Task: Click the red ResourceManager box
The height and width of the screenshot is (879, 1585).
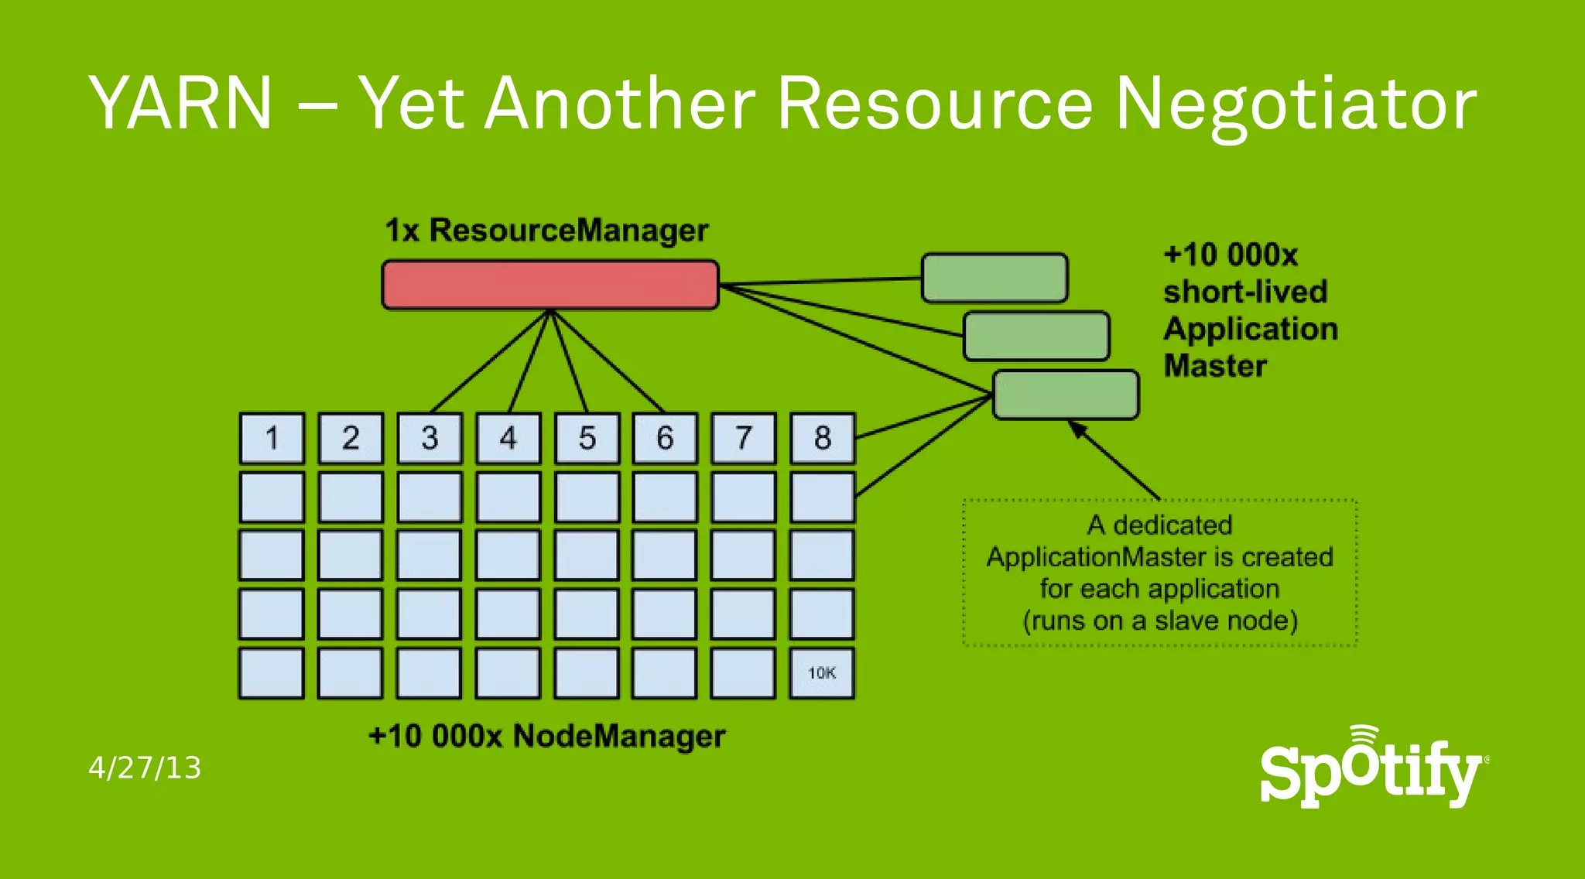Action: click(550, 285)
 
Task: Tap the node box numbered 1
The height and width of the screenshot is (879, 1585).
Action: click(272, 438)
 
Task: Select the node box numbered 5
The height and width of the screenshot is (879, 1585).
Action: click(587, 438)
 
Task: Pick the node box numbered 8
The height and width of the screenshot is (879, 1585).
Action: click(823, 438)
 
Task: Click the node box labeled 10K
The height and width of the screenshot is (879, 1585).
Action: click(822, 673)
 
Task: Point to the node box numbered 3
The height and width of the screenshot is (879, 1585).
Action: click(430, 438)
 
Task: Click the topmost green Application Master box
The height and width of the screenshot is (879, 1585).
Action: click(994, 278)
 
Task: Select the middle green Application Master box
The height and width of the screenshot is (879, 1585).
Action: click(1036, 336)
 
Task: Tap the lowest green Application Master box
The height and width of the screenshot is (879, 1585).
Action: click(1066, 395)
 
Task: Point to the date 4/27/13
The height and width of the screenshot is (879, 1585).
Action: click(145, 768)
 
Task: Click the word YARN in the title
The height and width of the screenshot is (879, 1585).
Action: click(181, 103)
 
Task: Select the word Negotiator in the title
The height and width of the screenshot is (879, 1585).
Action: click(1295, 104)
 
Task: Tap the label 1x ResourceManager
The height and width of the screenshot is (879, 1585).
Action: click(546, 230)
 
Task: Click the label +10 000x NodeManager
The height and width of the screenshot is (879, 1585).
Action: click(546, 736)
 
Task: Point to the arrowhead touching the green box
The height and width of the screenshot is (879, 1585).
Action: click(1076, 427)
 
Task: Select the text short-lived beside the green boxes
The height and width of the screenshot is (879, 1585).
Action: click(1245, 292)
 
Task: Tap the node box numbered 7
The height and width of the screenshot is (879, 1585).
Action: click(744, 438)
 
